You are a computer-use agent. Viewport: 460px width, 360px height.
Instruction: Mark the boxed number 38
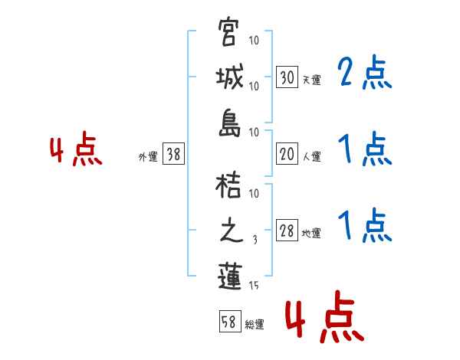pos(173,155)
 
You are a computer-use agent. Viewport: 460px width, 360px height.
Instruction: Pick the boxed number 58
pos(229,322)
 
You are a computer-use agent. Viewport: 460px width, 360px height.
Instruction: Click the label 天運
pos(311,80)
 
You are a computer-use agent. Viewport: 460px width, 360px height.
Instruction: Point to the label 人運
pos(311,157)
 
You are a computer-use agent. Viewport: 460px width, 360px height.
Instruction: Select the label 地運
pos(311,234)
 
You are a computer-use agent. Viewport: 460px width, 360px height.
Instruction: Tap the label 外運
pos(148,157)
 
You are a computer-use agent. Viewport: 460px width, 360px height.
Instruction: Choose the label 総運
pos(254,325)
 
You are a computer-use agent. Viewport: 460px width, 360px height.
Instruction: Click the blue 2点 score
pos(365,74)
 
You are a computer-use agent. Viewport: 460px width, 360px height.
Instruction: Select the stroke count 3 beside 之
pos(255,239)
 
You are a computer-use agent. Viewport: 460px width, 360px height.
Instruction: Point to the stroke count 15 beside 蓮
pos(255,286)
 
